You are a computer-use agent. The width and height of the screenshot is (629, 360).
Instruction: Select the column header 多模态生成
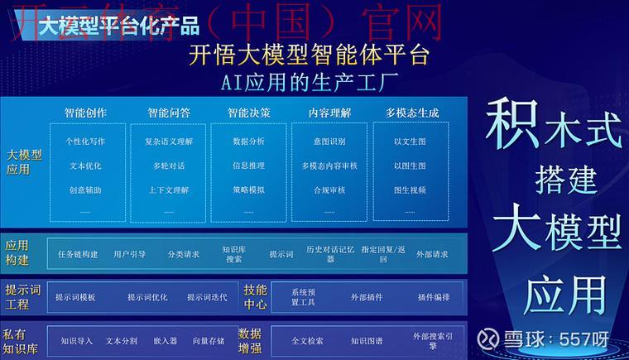tap(411, 113)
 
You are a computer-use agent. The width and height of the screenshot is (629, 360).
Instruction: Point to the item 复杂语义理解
tap(168, 142)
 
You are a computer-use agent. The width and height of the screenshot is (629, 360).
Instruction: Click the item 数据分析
tap(249, 142)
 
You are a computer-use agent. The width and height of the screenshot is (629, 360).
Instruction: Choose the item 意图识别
tap(329, 142)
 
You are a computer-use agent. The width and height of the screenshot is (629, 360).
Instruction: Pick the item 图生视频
tap(410, 190)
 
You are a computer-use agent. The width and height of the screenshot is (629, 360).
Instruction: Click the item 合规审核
tap(329, 190)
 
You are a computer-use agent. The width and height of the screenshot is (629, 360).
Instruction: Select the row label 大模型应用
tap(24, 162)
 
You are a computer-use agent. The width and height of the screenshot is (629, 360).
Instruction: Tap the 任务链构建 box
tap(78, 254)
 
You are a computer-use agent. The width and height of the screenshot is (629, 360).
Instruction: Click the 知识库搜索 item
tap(234, 254)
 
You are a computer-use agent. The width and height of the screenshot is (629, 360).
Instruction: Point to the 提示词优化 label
tap(147, 297)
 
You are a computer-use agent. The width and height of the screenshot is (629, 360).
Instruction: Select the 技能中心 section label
tap(255, 297)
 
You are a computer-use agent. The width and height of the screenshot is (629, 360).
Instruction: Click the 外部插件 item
tap(366, 297)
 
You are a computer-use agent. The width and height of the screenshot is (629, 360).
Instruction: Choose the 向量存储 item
tap(208, 340)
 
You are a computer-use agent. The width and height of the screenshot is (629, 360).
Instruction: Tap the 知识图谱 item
tap(366, 340)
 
